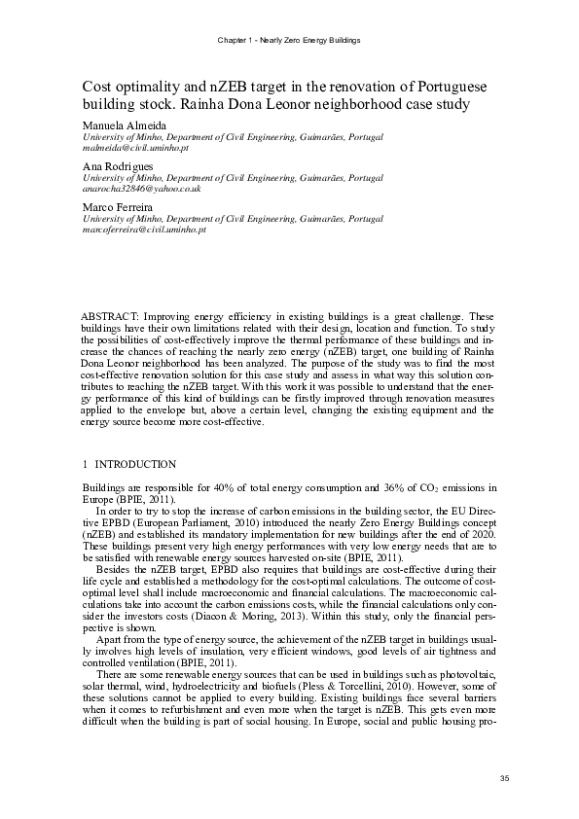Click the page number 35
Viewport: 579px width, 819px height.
pos(504,777)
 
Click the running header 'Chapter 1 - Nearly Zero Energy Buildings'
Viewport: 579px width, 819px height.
pos(289,40)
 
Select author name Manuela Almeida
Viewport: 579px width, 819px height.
pos(124,126)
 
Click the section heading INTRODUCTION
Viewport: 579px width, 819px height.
pos(135,465)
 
